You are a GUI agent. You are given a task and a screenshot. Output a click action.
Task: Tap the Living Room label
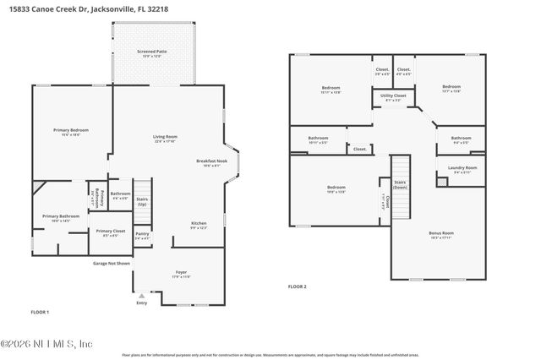click(x=165, y=137)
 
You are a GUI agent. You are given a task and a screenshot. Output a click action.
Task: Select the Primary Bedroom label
click(x=71, y=130)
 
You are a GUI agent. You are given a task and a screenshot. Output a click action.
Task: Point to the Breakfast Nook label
click(x=212, y=161)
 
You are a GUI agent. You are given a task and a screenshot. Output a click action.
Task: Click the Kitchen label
click(x=199, y=224)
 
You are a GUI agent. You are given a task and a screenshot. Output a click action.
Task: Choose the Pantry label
click(x=142, y=234)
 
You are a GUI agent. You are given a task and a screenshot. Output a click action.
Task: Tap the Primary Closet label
click(x=110, y=231)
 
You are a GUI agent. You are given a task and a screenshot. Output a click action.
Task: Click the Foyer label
click(x=181, y=273)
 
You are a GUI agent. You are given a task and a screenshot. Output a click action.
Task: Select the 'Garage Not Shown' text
click(x=112, y=263)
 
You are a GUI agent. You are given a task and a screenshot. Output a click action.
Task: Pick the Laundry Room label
click(x=462, y=168)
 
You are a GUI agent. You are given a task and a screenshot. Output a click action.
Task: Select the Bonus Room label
click(x=441, y=233)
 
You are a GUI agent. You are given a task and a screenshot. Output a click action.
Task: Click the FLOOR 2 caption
click(x=297, y=286)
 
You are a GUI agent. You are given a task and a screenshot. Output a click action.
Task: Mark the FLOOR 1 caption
click(x=40, y=313)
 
